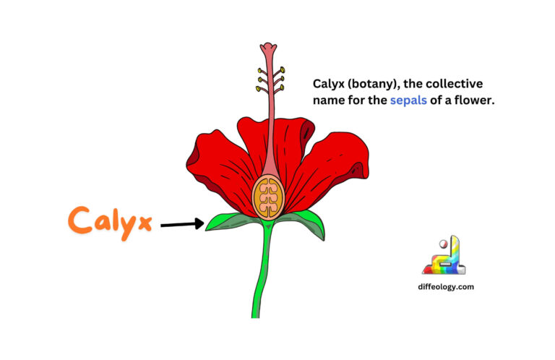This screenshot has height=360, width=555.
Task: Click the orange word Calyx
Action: coord(111,220)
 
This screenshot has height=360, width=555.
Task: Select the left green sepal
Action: coord(230,221)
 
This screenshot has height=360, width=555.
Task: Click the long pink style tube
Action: coord(270,116)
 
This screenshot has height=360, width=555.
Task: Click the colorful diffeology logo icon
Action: coord(444,256)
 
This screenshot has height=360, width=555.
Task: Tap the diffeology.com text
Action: coord(444,286)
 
